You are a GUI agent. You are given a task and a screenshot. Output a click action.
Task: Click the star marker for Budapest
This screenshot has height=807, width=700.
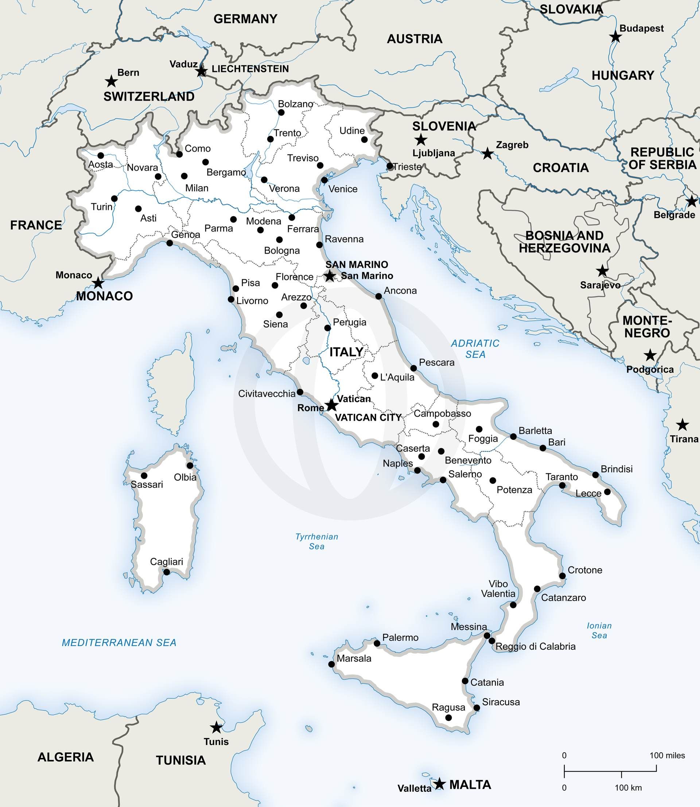tap(616, 37)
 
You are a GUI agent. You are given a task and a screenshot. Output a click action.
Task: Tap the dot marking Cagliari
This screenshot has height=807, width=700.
tap(166, 572)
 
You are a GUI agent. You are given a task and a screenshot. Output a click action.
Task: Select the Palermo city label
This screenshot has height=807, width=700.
tap(400, 638)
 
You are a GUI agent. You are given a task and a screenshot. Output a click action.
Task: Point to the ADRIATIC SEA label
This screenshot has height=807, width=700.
tap(475, 349)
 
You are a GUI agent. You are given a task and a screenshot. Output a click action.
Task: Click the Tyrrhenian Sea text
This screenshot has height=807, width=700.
tap(316, 541)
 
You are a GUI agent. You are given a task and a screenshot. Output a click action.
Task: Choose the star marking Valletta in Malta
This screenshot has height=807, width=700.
tap(440, 783)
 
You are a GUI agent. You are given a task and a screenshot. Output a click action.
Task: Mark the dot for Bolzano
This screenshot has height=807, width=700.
tap(281, 113)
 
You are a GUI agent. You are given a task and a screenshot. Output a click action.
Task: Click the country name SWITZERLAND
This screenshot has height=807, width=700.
tap(149, 97)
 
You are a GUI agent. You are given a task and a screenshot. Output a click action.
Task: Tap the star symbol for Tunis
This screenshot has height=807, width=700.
tap(216, 727)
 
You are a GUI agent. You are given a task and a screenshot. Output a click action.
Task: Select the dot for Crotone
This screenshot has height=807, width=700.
tap(563, 576)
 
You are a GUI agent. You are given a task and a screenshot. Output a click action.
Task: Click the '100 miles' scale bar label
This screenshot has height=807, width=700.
tap(667, 756)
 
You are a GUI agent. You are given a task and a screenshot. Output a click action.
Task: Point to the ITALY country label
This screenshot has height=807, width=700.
tap(346, 352)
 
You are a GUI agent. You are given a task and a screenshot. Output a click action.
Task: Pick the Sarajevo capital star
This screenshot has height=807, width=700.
tap(602, 270)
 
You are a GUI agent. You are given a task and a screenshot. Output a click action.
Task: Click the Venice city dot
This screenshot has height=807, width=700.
tap(324, 180)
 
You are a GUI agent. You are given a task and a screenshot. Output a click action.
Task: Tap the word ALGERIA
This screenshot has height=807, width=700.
tap(66, 757)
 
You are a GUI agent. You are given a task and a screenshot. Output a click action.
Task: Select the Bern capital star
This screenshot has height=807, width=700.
tap(111, 82)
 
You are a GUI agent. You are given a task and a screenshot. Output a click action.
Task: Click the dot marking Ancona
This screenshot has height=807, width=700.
tap(378, 296)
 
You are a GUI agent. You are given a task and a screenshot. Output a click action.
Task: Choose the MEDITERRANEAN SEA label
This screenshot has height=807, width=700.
tap(119, 643)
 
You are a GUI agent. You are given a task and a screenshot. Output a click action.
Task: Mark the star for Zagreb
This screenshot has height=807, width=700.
tap(487, 153)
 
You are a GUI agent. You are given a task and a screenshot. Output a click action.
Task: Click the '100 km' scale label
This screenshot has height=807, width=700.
tap(628, 787)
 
